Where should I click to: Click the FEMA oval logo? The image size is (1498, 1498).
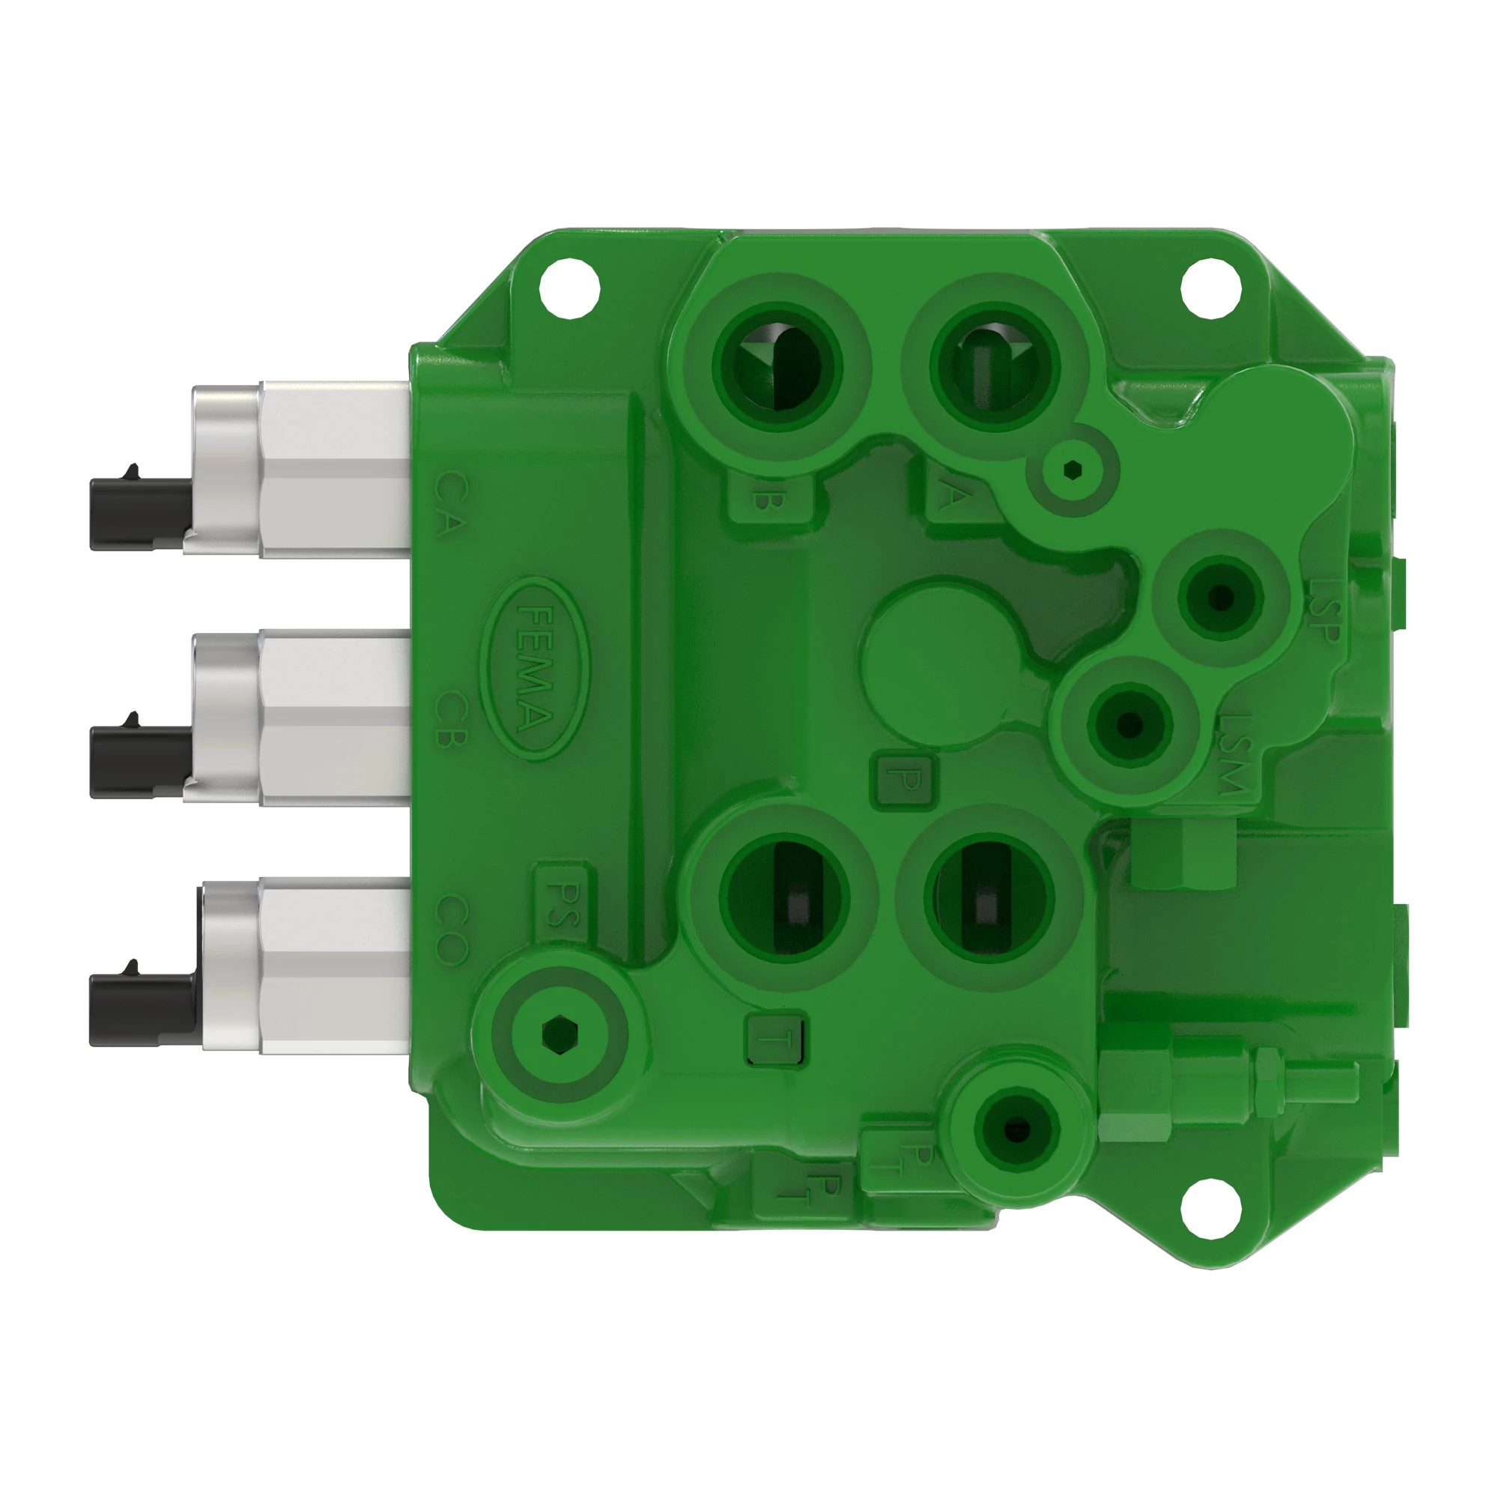[x=534, y=668]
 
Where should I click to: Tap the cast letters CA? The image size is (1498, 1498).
[x=451, y=505]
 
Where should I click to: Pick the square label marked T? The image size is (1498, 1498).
[x=774, y=1040]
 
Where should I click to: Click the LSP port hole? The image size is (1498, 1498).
[x=1220, y=598]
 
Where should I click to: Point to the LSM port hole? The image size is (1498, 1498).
[x=1129, y=725]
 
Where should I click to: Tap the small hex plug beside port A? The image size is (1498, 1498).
[x=1073, y=469]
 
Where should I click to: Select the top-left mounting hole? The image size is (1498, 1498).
[x=570, y=287]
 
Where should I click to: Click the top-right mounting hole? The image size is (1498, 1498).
[x=1210, y=288]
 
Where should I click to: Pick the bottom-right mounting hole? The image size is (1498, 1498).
[x=1210, y=1210]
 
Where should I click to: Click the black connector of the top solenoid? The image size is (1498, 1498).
[x=139, y=513]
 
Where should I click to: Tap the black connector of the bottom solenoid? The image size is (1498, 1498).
[x=141, y=1009]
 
